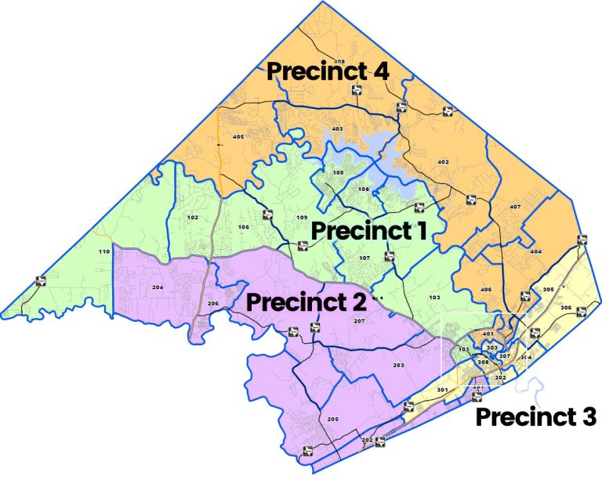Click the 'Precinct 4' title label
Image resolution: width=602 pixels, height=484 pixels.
pos(328,70)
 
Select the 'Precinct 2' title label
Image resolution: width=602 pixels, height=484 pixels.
pos(305,302)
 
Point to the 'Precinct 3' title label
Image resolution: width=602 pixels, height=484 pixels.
pos(536,417)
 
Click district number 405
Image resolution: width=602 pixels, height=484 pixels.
pos(239,137)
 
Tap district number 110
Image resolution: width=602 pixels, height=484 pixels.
pos(103,251)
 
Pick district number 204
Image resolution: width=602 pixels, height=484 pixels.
pos(158,288)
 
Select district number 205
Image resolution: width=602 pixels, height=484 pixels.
pos(333,420)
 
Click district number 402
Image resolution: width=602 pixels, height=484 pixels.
pos(443,162)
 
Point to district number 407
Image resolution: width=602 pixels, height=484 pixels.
pos(515,207)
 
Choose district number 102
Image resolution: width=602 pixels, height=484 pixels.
pos(192,217)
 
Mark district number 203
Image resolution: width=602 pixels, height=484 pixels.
pos(398,366)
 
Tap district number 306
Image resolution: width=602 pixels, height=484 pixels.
pos(566,308)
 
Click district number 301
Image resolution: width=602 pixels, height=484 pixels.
pos(442,390)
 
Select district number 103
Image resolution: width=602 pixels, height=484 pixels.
pos(435,298)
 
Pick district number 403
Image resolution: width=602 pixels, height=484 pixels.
pos(338,128)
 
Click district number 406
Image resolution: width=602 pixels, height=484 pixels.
pos(486,290)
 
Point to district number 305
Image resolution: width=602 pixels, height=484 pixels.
pos(548,290)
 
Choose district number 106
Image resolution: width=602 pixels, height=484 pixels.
pos(244,227)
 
